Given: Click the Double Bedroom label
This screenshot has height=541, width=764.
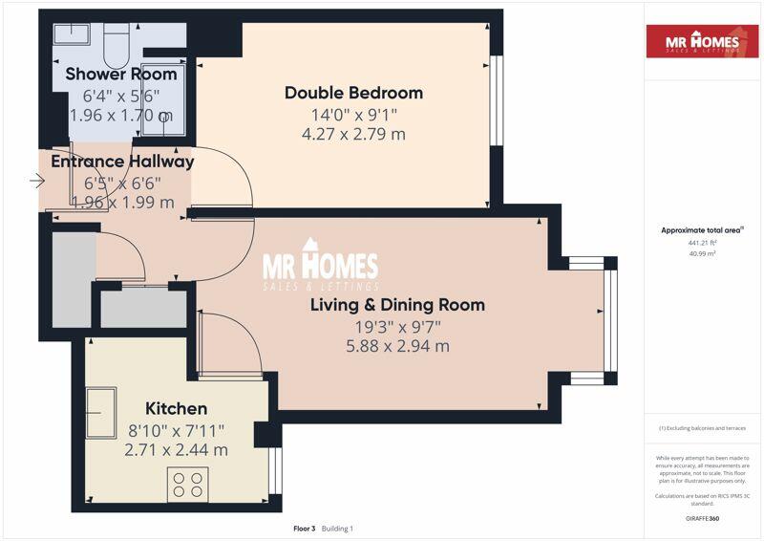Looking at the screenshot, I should tap(353, 93).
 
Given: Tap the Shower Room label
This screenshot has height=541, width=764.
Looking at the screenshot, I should tap(120, 74).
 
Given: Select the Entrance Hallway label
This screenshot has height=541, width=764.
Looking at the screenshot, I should tap(122, 162).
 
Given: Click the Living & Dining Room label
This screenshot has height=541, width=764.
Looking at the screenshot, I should tap(397, 305).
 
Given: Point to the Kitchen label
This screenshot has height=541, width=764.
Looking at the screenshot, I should tap(176, 408).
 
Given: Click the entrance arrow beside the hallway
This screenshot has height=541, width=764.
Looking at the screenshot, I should tap(38, 180).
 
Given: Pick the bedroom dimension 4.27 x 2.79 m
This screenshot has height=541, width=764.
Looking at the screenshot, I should tap(353, 134).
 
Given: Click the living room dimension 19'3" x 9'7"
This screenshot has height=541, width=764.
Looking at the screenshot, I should tap(397, 326).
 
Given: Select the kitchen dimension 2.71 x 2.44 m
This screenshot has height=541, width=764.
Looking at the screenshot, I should tap(176, 449).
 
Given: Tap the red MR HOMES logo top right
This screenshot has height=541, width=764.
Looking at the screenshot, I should tap(702, 41).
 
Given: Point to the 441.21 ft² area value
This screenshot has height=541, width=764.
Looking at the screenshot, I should tap(702, 243).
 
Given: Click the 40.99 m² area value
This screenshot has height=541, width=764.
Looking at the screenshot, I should tap(702, 254).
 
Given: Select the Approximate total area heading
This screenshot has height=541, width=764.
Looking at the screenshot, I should tap(702, 230).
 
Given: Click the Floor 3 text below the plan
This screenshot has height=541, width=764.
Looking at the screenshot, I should tap(305, 528).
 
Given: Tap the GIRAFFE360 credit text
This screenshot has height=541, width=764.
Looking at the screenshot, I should tap(702, 518).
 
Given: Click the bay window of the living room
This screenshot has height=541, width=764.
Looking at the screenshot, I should tap(609, 321).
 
